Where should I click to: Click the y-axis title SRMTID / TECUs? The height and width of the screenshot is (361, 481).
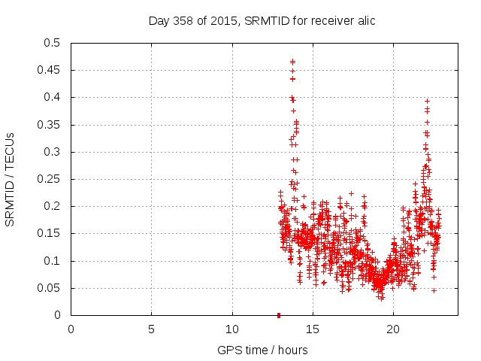pos(10,179)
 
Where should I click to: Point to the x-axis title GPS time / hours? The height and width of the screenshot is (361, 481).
pos(262,350)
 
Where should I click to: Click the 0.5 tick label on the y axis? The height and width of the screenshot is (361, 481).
pos(52,43)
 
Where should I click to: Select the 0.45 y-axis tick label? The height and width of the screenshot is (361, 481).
pos(49,70)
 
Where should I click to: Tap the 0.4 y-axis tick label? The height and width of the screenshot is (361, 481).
pos(52,98)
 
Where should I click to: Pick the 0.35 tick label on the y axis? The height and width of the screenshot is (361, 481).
pos(49,125)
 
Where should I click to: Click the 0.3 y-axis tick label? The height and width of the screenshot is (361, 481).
pos(52,152)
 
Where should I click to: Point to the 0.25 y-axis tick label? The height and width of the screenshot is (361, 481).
pos(49,179)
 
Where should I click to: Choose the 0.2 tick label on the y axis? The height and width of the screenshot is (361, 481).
pos(52,207)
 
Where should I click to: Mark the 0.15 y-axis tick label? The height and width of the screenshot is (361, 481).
pos(49,234)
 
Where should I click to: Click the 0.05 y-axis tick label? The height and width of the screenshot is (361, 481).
pos(49,288)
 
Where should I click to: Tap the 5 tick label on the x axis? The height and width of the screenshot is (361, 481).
pos(151,328)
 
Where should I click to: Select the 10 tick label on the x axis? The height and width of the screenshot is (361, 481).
pos(232,328)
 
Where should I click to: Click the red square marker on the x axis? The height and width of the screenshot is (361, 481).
pos(279,315)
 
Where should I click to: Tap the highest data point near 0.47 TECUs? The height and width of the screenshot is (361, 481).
pos(292,62)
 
